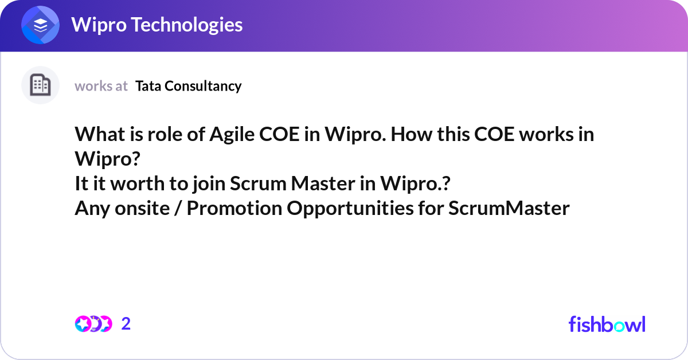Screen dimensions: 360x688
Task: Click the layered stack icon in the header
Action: (40, 26)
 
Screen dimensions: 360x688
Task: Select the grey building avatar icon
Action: (40, 85)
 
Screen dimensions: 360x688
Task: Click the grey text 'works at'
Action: (101, 86)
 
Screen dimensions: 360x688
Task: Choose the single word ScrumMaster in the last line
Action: (509, 209)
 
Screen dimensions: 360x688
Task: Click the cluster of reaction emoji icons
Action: (93, 324)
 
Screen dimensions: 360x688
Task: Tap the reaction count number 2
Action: (126, 324)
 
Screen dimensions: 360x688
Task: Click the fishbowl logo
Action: (607, 324)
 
